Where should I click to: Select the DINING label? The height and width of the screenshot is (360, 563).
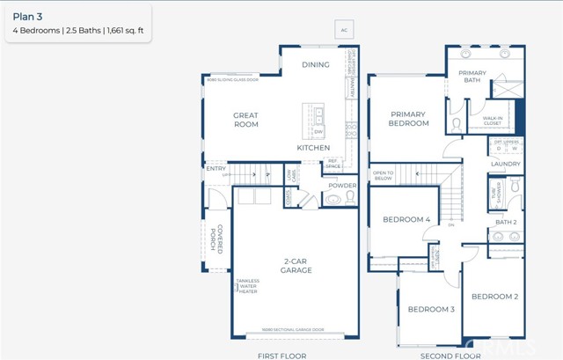click(x=315, y=64)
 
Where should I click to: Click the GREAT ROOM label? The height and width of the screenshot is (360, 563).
click(x=245, y=120)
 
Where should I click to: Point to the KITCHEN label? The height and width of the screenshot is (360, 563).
click(x=313, y=148)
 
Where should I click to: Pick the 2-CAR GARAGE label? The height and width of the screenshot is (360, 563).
click(x=296, y=265)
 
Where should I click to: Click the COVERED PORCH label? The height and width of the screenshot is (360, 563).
click(x=220, y=240)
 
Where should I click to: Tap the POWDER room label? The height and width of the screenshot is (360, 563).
click(x=342, y=186)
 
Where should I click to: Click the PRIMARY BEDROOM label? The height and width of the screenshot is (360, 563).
click(x=407, y=118)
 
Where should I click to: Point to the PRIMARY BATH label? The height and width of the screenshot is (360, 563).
click(x=473, y=77)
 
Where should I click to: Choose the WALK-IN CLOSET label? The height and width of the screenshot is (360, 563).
click(x=492, y=121)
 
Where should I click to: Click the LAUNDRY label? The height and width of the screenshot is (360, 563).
click(x=505, y=164)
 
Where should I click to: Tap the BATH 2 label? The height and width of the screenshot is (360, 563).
click(x=506, y=222)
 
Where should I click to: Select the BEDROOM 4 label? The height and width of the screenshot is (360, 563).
click(x=406, y=219)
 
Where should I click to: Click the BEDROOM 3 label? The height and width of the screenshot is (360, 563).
click(x=431, y=309)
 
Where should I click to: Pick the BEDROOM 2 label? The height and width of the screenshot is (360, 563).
click(x=494, y=297)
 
